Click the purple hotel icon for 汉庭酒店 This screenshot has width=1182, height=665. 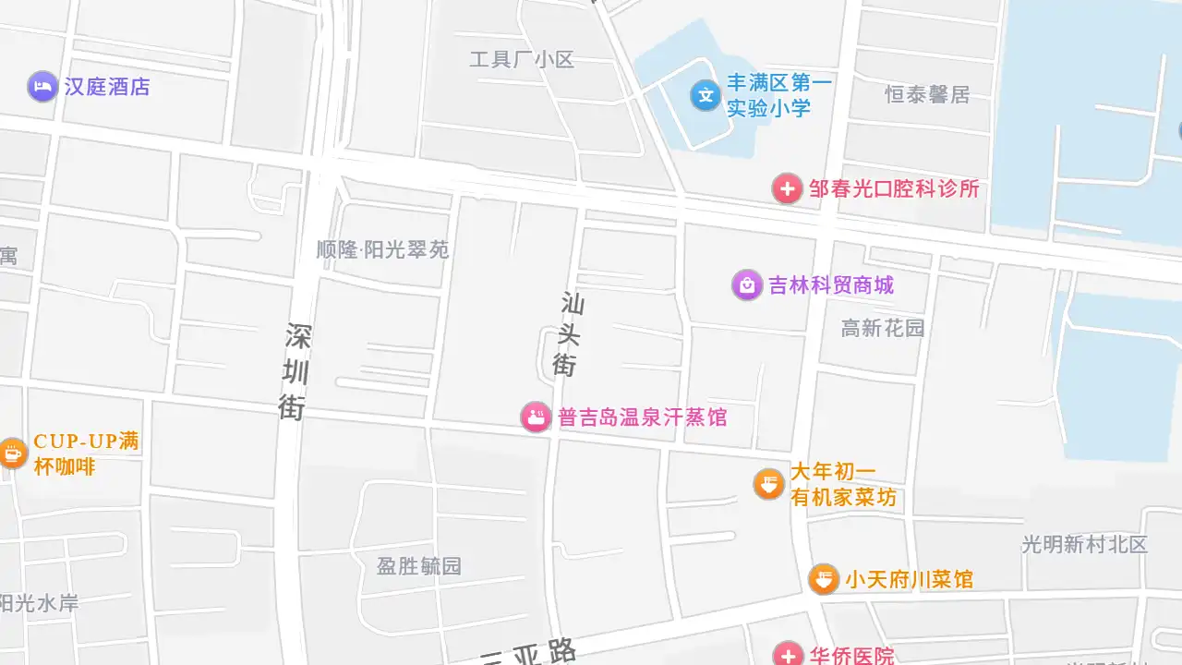point(42,87)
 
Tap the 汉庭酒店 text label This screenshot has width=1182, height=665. point(107,87)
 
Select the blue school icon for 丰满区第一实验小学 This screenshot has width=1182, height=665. point(706,94)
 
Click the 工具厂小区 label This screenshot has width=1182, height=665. point(522,60)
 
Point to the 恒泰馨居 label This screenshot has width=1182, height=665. point(927,94)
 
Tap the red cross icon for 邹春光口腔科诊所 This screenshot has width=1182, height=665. point(787,188)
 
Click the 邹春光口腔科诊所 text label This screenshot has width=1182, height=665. point(894,188)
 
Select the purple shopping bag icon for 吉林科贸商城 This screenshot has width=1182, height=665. point(746,284)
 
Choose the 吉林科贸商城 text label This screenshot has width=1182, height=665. point(831,284)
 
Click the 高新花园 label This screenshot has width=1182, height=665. point(883,328)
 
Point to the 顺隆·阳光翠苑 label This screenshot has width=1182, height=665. point(382,249)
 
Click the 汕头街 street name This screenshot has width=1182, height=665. point(569,334)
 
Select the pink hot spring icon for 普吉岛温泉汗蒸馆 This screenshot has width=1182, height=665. point(536,417)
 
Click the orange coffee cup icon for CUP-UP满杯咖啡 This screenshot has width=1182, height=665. point(12,453)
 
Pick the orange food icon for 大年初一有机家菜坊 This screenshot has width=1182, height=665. point(768,483)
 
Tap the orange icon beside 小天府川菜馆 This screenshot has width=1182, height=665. point(824,579)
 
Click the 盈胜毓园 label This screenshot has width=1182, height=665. point(418,565)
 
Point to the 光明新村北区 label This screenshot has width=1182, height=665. point(1084,544)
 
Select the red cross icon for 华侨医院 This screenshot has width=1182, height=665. point(788,655)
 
